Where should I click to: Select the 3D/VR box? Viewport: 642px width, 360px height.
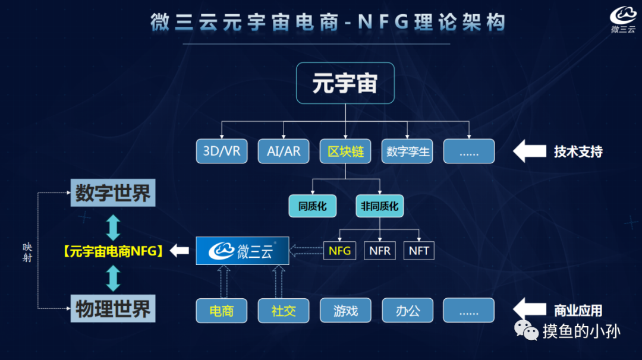pos(222,151)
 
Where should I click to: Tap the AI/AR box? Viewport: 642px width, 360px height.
pos(284,151)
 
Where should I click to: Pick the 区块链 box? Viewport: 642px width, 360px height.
pos(345,151)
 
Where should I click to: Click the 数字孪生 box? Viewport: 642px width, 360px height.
pos(407,151)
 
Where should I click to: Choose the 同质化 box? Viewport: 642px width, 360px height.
pos(313,206)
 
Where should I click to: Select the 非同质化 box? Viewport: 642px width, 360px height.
pos(379,206)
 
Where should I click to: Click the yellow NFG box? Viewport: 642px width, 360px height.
pos(339,251)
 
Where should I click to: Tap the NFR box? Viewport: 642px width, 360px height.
pos(380,251)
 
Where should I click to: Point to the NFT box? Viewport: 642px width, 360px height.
pos(418,251)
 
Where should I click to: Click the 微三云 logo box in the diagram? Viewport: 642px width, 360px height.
pos(243,251)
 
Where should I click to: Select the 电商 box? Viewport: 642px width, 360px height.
pos(222,311)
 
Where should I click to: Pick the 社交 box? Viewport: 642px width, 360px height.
pos(284,311)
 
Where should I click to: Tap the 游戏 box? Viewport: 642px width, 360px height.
pos(345,311)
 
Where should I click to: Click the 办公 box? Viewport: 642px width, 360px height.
pos(407,311)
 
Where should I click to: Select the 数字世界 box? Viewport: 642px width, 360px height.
pos(113,193)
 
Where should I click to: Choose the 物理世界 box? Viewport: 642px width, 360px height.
pos(113,309)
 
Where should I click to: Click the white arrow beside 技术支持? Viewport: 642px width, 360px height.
pos(529,151)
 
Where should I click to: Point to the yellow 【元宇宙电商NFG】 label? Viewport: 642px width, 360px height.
pos(113,251)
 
